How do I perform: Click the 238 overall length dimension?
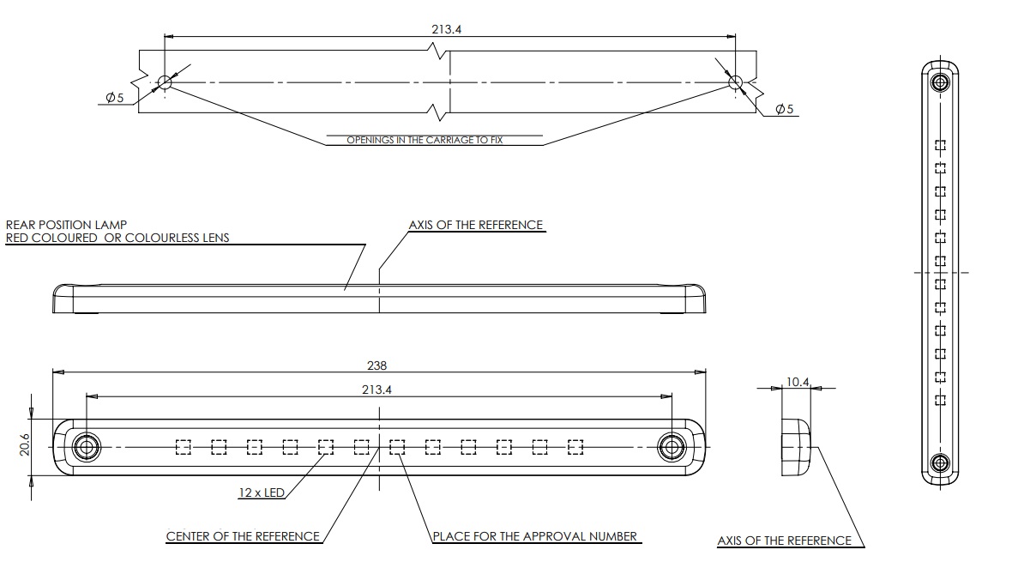[376, 366]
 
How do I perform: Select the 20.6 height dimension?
[25, 445]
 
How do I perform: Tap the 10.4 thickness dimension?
[798, 382]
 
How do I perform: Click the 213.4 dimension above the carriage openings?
[447, 29]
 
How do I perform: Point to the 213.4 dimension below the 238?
[376, 390]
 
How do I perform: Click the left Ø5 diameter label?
[114, 98]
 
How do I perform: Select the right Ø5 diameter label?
[784, 109]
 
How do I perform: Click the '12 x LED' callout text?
[262, 492]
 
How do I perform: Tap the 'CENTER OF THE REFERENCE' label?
[243, 536]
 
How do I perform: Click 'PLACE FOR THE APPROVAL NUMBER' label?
[535, 536]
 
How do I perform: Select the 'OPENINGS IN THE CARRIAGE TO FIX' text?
[425, 140]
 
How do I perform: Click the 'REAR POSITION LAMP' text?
[66, 225]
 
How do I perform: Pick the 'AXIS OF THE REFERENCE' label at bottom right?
[784, 541]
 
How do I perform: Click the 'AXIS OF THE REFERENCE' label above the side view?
[476, 225]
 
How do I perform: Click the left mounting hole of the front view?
[85, 447]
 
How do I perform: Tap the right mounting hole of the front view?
[672, 447]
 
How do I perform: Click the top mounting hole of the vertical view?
[939, 82]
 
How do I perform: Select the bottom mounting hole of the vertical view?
[939, 463]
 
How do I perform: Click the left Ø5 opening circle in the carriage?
[165, 82]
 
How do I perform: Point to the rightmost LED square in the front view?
[575, 447]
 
